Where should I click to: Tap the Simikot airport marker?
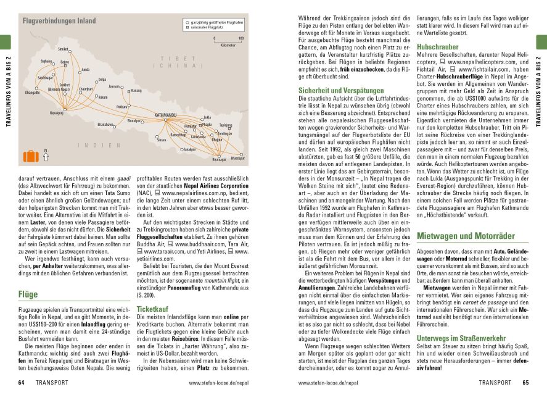(x=69, y=52)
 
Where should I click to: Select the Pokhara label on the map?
(x=121, y=107)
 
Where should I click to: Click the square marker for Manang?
(x=128, y=91)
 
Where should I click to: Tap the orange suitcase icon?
(x=30, y=156)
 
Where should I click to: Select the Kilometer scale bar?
(x=228, y=42)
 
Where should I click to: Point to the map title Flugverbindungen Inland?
(x=59, y=21)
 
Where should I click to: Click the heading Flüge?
(x=28, y=295)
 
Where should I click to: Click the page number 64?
(x=21, y=383)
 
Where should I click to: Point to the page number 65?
(x=525, y=383)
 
